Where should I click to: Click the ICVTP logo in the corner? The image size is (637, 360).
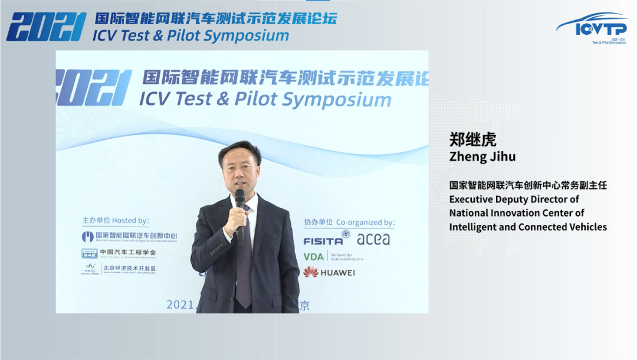coord(591,28)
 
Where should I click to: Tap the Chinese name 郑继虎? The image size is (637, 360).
coord(473,139)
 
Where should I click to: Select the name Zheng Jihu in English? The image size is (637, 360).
coord(482,156)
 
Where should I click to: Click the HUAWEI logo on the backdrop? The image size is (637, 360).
coord(329,272)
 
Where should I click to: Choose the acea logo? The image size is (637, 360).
coord(373,239)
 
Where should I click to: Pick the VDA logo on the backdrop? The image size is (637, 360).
coord(314,256)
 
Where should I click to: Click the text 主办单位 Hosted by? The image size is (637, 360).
coord(116,221)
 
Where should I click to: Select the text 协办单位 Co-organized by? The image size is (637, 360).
coord(349,222)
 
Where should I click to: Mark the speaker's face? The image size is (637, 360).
coord(240,166)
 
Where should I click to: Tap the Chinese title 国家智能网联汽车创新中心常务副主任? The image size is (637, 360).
coord(528,185)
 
